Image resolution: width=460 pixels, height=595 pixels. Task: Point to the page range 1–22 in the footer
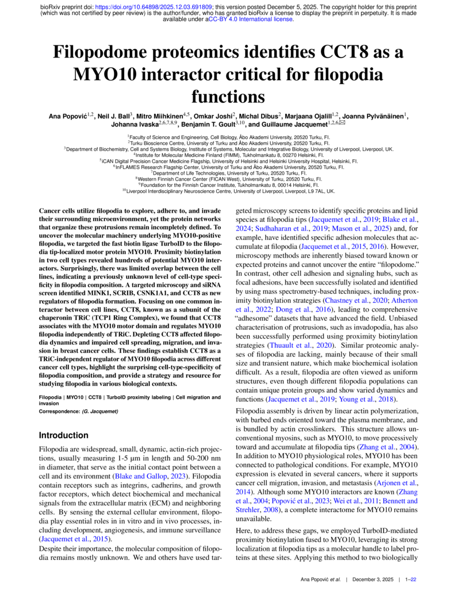pyautogui.click(x=411, y=580)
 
